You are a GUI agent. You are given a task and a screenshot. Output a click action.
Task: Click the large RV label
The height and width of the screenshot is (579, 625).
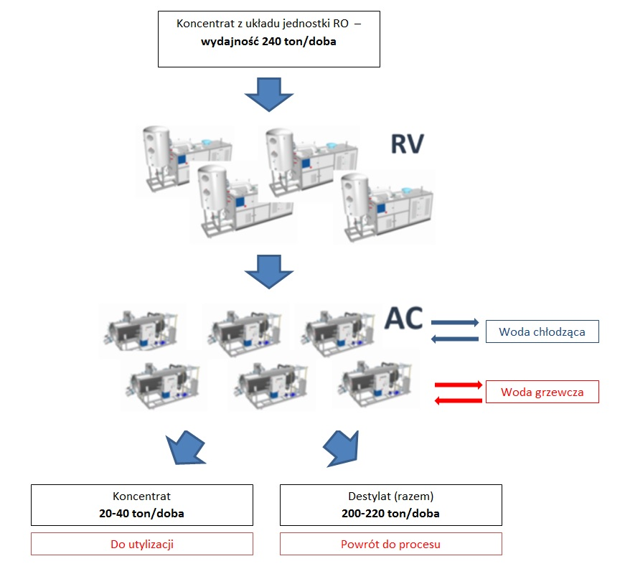[x=407, y=144]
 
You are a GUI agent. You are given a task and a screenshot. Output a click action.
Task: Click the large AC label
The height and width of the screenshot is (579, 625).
[x=404, y=318]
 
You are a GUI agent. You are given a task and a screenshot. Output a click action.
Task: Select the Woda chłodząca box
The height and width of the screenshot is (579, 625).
[x=542, y=331]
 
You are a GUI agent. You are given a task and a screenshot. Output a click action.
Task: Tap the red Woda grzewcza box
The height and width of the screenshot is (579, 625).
[x=542, y=392]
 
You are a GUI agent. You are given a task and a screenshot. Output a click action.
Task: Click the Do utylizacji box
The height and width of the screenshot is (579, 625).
[x=142, y=544]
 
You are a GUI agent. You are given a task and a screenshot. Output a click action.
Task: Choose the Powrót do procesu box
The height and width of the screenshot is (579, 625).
[x=390, y=544]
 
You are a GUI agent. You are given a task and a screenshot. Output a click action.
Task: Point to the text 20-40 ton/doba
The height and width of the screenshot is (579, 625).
[x=141, y=513]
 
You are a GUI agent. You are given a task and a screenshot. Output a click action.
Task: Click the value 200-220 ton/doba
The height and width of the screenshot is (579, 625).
[x=390, y=513]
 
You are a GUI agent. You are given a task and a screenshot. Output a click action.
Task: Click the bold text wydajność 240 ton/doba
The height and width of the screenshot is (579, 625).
[x=268, y=42]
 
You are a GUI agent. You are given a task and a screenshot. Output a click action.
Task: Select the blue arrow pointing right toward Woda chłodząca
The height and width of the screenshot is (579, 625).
[x=455, y=322]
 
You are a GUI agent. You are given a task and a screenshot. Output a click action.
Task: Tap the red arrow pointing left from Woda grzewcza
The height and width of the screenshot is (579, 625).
[x=458, y=400]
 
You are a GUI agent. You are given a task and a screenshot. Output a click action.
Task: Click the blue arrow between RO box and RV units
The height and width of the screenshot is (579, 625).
[x=269, y=95]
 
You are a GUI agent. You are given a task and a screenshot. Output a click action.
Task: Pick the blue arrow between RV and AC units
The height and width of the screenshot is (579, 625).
[x=269, y=272]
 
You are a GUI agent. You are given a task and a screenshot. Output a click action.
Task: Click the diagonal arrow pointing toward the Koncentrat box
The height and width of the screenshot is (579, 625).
[x=185, y=448]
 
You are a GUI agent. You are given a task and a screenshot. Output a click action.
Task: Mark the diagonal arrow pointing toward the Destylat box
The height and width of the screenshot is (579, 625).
[x=342, y=448]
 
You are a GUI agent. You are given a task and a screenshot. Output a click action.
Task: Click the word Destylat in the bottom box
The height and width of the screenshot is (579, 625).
[x=370, y=496]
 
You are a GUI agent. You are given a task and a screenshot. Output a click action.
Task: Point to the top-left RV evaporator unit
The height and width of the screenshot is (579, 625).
[x=185, y=159]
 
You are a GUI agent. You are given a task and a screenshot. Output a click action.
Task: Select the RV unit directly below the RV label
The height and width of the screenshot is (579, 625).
[x=387, y=207]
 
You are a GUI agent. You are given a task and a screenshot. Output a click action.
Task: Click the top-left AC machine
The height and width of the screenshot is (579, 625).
[x=141, y=330]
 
